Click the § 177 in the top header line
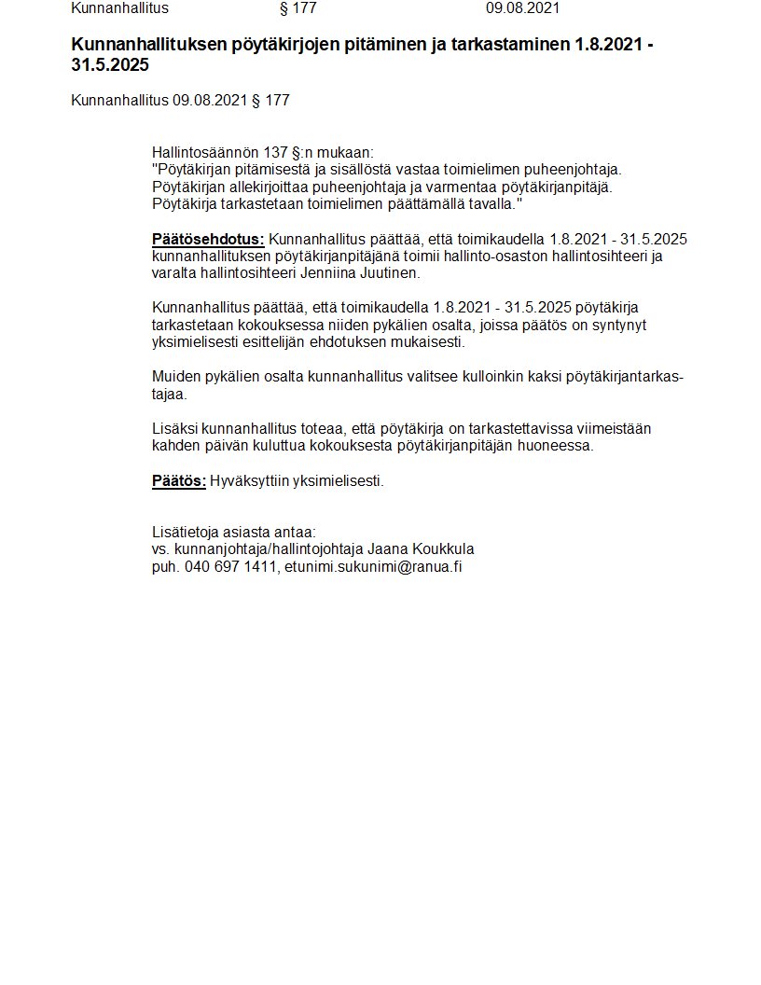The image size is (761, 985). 298,8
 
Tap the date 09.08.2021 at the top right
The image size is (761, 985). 522,8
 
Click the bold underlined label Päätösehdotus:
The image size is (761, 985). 208,239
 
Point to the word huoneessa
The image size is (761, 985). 560,445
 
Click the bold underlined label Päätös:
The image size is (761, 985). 178,481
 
